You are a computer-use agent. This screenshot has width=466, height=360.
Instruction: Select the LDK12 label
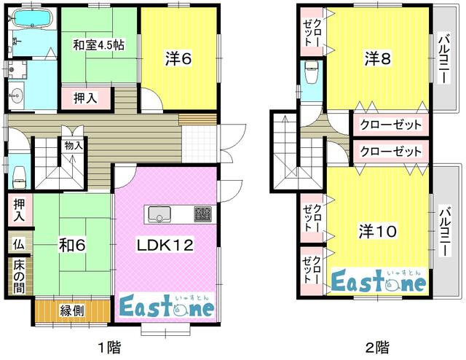click(165, 246)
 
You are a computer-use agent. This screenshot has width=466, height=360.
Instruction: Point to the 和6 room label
click(71, 246)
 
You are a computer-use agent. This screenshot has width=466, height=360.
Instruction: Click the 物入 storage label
click(74, 146)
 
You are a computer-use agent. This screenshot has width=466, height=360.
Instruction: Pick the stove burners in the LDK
click(202, 214)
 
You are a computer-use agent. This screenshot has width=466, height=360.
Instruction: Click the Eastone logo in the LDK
click(166, 306)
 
